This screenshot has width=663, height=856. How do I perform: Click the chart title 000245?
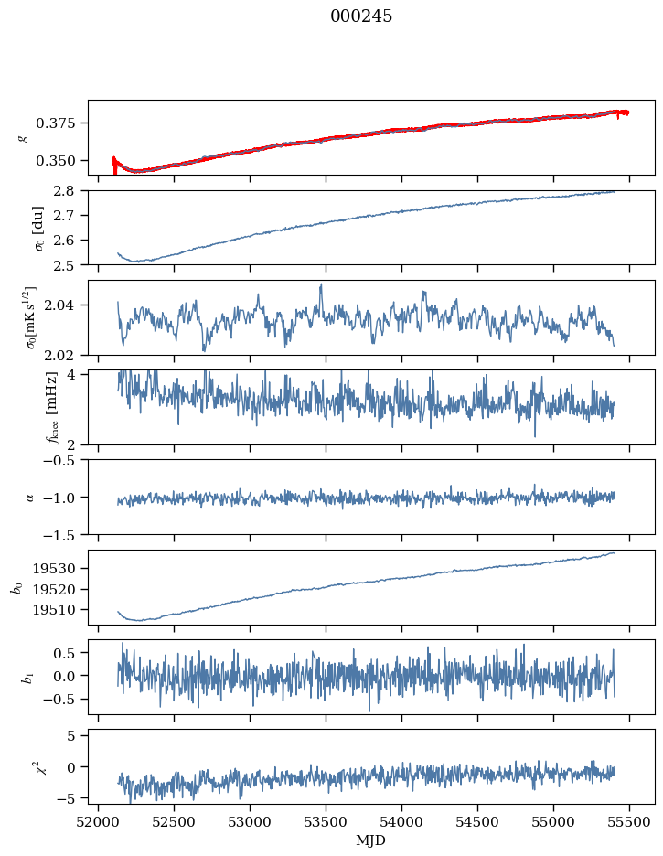click(x=360, y=16)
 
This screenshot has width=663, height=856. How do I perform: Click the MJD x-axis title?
click(x=370, y=840)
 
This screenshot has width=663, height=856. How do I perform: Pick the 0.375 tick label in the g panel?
click(x=55, y=123)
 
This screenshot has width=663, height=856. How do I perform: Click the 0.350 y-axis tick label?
click(x=55, y=161)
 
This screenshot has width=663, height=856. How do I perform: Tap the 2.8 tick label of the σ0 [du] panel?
click(x=64, y=191)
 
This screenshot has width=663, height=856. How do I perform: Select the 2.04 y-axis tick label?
click(x=59, y=305)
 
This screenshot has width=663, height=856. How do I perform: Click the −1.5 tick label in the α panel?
click(x=59, y=535)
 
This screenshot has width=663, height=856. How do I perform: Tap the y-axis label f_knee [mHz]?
click(x=52, y=408)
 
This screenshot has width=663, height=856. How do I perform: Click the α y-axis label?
click(x=29, y=498)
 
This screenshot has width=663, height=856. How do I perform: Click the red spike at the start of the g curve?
click(x=114, y=166)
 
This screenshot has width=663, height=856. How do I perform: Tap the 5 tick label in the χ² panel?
click(x=70, y=736)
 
